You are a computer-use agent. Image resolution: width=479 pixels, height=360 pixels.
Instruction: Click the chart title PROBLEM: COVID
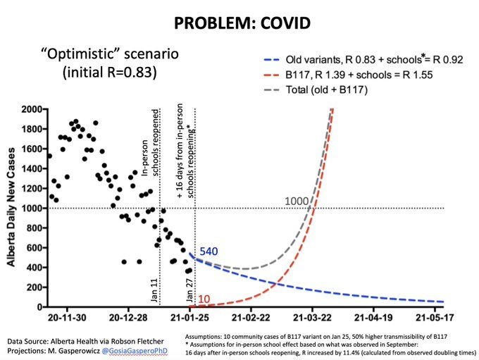pos(242,23)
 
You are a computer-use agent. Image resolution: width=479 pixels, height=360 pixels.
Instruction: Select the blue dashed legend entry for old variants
pos(363,60)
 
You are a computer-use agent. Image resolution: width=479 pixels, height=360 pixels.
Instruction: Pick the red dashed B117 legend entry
pos(348,75)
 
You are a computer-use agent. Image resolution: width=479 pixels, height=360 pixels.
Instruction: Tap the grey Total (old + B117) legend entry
pos(316,90)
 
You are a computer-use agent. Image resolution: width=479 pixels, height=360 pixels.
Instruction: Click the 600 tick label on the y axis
pos(34,247)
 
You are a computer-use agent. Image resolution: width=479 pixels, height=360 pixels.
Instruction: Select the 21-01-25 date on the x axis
pos(189,318)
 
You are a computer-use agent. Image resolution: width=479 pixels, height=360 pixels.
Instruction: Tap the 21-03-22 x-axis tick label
pos(312,318)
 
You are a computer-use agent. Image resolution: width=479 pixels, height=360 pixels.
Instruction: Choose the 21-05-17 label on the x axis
pos(435,318)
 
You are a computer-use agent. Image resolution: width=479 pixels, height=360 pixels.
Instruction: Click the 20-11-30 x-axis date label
pos(67,318)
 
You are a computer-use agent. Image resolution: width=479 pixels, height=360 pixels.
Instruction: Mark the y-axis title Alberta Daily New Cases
pos(11,207)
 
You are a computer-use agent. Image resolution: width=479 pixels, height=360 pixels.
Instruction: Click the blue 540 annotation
pos(209,252)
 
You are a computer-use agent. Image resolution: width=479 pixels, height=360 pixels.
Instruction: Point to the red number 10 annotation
pos(204,299)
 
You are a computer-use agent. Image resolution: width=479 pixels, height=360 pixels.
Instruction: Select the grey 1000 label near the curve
pos(297,201)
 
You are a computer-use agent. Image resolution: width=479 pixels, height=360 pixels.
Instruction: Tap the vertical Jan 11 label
pos(154,290)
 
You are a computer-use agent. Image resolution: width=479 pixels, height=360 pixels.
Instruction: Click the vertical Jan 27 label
pos(189,290)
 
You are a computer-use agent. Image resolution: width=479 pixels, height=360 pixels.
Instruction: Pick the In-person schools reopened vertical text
pos(150,142)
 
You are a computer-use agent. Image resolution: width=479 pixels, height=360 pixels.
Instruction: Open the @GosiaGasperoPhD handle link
pos(135,351)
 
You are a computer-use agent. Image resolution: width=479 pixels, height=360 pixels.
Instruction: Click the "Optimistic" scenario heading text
pos(110,63)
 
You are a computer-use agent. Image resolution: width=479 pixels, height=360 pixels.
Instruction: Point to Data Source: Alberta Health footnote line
pos(85,342)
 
